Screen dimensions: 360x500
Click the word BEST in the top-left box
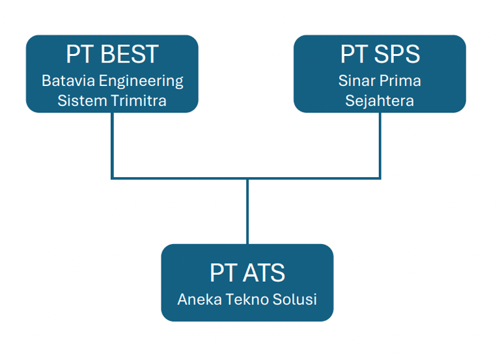coord(130,55)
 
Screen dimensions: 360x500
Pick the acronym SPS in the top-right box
coord(399,55)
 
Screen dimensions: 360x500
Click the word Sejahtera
coord(380,102)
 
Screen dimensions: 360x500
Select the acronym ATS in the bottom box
coord(263,273)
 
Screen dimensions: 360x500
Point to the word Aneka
coord(196,300)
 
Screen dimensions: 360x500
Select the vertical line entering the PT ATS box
coord(247,212)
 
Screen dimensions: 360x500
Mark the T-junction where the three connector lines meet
coord(247,178)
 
